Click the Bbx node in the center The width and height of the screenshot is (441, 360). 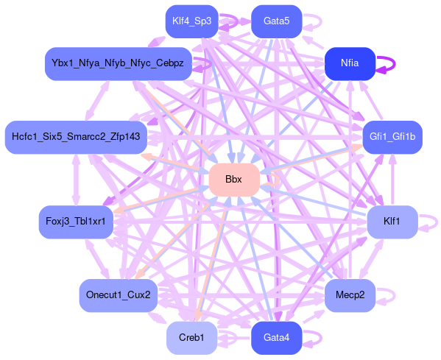click(234, 180)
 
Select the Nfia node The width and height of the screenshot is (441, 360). click(350, 63)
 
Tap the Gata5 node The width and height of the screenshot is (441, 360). click(277, 21)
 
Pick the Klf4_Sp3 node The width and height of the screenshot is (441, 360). click(192, 21)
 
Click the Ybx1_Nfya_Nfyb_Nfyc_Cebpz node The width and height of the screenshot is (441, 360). click(118, 63)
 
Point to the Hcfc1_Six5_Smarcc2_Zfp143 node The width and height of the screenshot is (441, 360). click(76, 137)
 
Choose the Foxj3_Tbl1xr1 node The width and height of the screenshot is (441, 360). click(76, 222)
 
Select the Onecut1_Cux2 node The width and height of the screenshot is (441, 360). click(118, 295)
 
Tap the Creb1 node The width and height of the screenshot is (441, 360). click(192, 338)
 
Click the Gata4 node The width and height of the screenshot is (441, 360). click(277, 338)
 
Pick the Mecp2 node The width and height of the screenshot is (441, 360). click(350, 295)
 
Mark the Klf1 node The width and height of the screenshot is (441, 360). click(392, 222)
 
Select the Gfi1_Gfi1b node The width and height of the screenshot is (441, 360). click(392, 137)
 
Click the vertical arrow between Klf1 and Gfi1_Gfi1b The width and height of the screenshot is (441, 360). click(392, 180)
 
